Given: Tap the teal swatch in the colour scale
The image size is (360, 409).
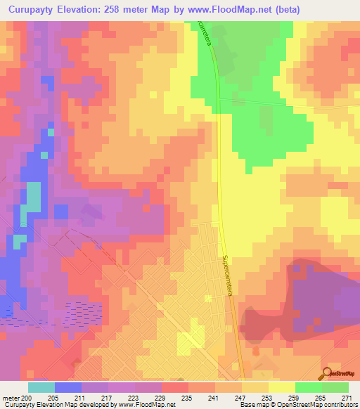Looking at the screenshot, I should click(x=41, y=387).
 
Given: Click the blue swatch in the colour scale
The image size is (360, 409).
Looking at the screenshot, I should click(x=68, y=387).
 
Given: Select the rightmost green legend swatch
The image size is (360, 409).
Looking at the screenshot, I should click(x=335, y=387).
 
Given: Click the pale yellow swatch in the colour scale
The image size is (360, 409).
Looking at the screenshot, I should click(x=282, y=387).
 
